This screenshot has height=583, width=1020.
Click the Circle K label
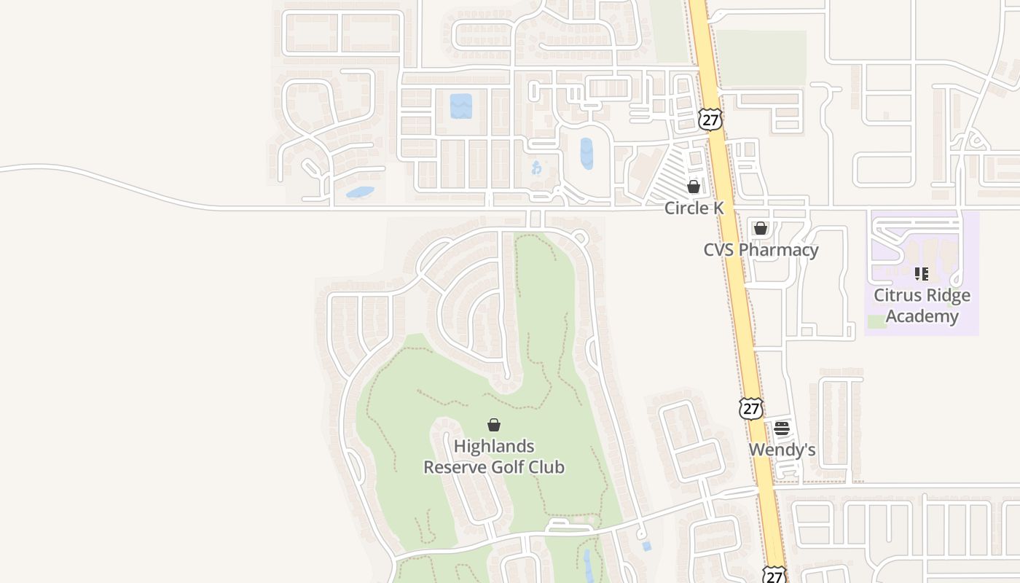coord(694,208)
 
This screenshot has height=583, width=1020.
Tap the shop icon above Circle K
coord(694,187)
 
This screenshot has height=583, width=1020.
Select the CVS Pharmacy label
coord(761,250)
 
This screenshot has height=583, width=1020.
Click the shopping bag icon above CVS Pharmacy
coord(761,228)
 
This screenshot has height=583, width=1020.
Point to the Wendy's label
coord(782,450)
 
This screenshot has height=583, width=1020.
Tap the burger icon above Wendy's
coord(782,429)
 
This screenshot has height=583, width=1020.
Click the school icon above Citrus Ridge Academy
coord(922,274)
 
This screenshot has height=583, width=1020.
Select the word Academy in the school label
coord(922,316)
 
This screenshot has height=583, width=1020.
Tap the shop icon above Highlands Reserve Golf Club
coord(494,425)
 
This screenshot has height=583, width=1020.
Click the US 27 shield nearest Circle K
coord(710,120)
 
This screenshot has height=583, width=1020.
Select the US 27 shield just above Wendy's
coord(750,408)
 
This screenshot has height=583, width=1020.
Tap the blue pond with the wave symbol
coord(460,106)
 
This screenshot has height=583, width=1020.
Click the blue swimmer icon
coord(537,168)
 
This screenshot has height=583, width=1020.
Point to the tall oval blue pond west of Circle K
coord(586,154)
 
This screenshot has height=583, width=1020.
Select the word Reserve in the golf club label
coord(455,467)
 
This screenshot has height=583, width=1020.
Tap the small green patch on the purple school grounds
coord(877,321)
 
